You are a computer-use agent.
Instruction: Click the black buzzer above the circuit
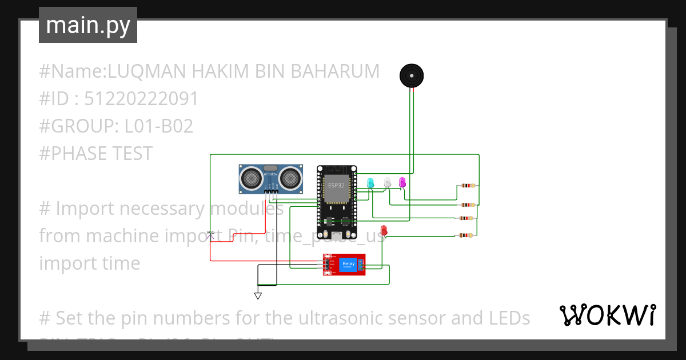point(412,75)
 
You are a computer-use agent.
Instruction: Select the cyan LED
point(370,183)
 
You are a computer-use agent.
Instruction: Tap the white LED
point(388,182)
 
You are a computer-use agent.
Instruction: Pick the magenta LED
point(402,182)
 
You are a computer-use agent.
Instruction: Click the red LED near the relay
point(384,230)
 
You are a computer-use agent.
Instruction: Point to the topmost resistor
point(468,185)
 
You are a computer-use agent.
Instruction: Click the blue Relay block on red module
point(348,264)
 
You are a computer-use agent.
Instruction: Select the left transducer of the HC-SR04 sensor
point(252,178)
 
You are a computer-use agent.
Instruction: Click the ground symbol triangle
point(258,296)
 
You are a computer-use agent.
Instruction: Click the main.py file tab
point(88,25)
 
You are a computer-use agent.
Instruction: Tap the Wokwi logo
point(607,315)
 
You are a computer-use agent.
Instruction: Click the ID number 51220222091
point(141,99)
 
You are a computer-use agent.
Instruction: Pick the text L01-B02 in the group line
point(158,126)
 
